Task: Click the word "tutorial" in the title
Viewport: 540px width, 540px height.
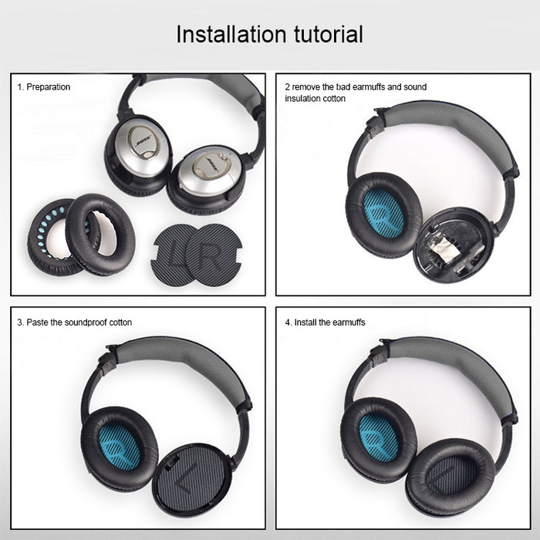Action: coord(324,34)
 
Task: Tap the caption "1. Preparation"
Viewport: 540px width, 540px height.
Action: coord(44,87)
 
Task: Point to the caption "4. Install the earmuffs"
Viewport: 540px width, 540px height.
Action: coord(325,322)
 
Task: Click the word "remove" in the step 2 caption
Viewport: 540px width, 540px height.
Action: coord(308,87)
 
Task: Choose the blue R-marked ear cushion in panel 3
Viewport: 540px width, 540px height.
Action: coord(118,447)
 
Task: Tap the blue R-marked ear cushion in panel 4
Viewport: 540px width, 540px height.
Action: coord(378,437)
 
